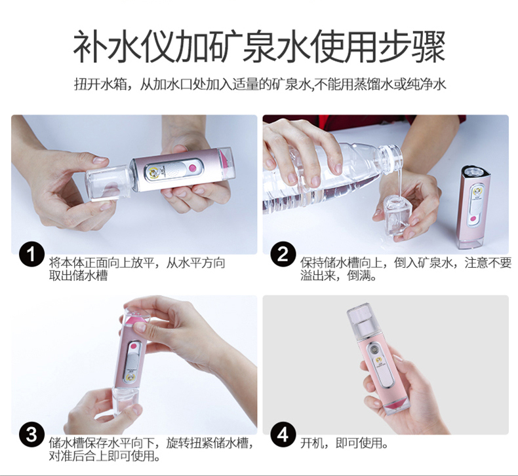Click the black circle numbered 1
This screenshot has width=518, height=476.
[x=31, y=255]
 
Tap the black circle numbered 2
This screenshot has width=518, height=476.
[x=283, y=255]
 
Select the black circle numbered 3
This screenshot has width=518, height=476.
[x=31, y=435]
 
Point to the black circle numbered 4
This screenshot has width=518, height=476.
[x=283, y=435]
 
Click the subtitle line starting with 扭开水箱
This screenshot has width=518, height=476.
[x=260, y=84]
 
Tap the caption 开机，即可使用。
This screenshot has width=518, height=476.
[x=344, y=443]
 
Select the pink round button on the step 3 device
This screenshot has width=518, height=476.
[x=134, y=348]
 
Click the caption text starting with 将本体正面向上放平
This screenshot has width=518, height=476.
[x=137, y=269]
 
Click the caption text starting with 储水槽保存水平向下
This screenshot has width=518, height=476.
[x=151, y=449]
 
